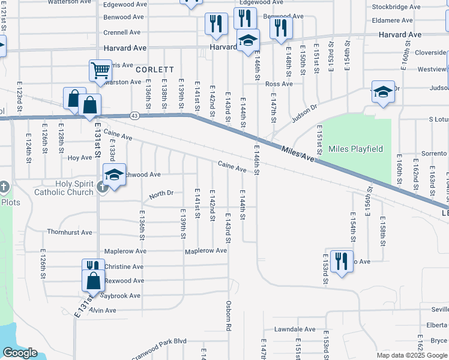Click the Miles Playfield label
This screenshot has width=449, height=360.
(x=360, y=149)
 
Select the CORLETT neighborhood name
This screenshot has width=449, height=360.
(x=154, y=70)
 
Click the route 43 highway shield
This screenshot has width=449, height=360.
(x=134, y=115)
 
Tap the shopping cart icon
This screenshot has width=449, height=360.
(x=100, y=71)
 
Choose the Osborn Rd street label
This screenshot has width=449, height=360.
(x=229, y=316)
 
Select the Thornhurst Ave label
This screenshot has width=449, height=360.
(x=70, y=232)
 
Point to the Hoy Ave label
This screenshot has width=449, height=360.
(x=79, y=158)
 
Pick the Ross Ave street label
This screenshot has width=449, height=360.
(x=279, y=84)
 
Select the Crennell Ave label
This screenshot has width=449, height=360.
(x=122, y=32)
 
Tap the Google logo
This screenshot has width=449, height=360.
(x=20, y=353)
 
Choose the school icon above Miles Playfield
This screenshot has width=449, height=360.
(x=383, y=92)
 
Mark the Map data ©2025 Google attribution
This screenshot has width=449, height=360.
(x=411, y=355)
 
